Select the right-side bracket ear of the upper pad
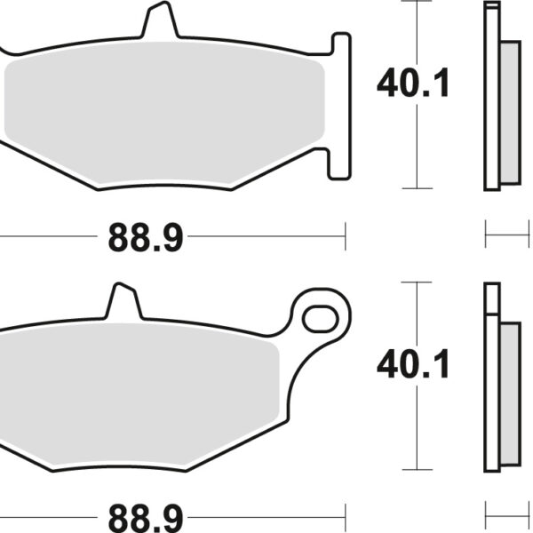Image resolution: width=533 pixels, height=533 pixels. point(341,107)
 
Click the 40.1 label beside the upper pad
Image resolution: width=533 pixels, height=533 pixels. point(413,84)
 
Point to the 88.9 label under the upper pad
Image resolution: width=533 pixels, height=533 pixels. point(146,237)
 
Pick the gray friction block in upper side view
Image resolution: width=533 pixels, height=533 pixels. point(510,114)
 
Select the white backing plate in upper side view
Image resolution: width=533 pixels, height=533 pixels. point(492,98)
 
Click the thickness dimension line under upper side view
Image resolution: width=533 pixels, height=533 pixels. point(503,236)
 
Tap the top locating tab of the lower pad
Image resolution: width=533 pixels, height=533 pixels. point(123,301)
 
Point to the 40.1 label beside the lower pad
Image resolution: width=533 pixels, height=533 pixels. point(413,364)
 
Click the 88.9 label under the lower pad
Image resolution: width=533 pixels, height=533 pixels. point(146,515)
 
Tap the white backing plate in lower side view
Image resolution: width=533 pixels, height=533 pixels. point(492,378)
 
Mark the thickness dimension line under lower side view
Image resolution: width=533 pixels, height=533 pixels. point(503,514)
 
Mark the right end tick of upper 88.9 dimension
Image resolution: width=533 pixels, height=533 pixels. point(345,236)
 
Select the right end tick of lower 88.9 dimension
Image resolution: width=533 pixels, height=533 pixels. point(345,514)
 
